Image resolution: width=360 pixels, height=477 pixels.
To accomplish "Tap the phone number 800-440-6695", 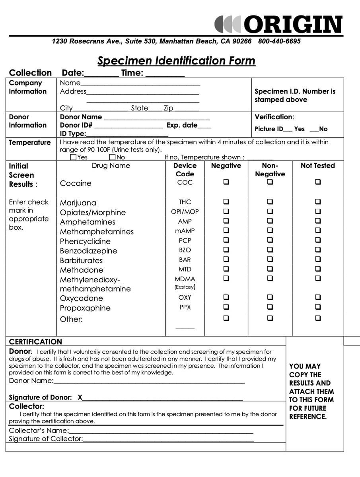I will click(x=279, y=41).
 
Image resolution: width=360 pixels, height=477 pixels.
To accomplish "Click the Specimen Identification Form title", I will click(x=176, y=61).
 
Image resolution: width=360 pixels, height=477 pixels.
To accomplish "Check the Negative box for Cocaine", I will click(x=226, y=182).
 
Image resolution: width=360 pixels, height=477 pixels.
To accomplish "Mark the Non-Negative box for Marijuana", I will click(x=270, y=202).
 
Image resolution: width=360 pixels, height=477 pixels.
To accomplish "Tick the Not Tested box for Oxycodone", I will click(x=318, y=297).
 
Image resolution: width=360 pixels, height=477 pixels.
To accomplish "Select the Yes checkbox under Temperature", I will click(x=73, y=157).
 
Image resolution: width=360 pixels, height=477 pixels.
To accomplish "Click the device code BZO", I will click(x=185, y=250).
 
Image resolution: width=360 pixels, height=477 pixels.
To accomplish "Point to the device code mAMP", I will click(x=185, y=231).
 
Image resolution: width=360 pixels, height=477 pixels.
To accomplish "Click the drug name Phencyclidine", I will click(x=85, y=241).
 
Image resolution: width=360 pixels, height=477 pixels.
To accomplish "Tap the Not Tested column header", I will click(x=318, y=166).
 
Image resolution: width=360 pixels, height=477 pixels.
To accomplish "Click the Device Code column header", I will click(x=185, y=170).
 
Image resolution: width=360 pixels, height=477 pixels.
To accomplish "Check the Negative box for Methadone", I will click(x=226, y=269).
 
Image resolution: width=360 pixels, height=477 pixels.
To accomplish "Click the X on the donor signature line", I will click(x=80, y=397).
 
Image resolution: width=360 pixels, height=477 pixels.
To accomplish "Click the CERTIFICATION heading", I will click(x=35, y=342).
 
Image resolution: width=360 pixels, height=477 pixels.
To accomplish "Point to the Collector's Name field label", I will click(x=39, y=430).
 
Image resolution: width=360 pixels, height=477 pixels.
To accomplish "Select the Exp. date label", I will click(x=182, y=125).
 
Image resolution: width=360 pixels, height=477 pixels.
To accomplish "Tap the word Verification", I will click(x=273, y=117).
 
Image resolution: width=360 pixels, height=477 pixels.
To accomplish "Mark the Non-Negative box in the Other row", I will click(x=270, y=318).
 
